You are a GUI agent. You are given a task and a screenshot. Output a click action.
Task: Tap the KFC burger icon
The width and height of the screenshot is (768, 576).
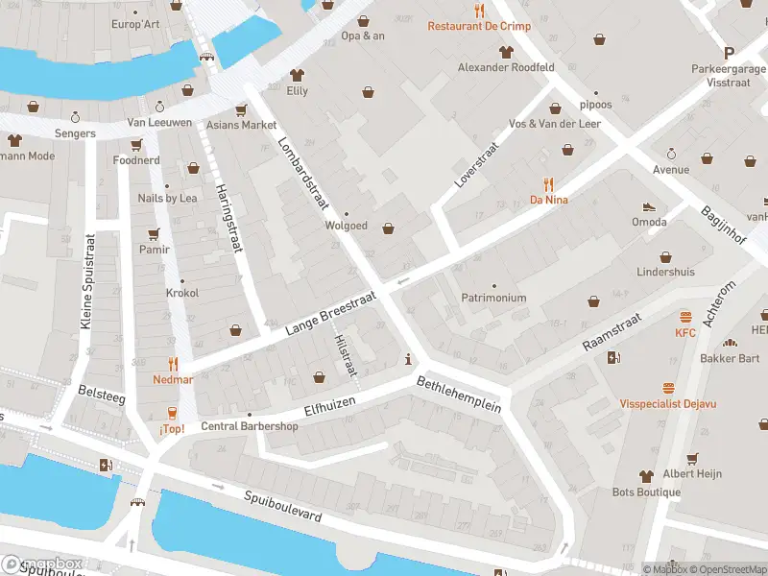(x=685, y=316)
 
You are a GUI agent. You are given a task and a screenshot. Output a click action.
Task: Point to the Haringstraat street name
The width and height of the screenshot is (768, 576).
(x=227, y=219)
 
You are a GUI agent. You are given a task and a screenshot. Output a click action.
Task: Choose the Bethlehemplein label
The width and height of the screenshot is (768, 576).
(x=459, y=394)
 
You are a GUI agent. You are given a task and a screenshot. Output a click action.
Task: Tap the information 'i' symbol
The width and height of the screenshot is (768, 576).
(x=410, y=360)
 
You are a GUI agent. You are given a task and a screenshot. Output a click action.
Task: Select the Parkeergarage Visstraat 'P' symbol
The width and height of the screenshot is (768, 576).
(x=729, y=54)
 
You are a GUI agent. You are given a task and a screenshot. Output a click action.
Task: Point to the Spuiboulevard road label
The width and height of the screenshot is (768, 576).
(x=281, y=508)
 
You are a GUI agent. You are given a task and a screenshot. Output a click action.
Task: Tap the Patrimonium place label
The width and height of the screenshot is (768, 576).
(x=493, y=298)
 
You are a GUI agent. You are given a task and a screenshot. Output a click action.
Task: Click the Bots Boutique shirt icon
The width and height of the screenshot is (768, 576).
(x=647, y=476)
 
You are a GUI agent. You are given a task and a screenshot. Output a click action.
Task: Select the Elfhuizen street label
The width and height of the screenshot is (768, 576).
(x=329, y=404)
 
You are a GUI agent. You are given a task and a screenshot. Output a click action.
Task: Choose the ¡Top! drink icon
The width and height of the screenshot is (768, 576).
(x=173, y=413)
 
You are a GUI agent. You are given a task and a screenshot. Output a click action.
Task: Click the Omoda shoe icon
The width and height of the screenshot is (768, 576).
(x=649, y=206)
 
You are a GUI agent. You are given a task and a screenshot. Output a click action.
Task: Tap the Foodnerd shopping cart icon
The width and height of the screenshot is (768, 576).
(x=136, y=145)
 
